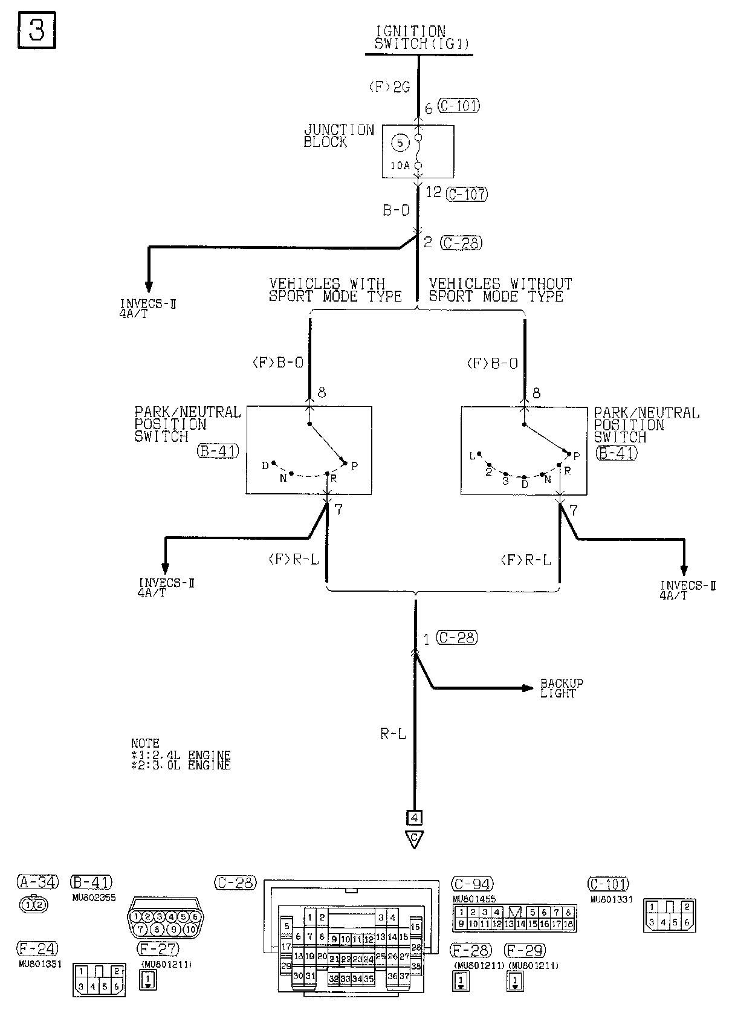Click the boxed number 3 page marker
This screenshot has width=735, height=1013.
click(36, 30)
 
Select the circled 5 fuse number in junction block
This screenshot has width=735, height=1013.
click(399, 143)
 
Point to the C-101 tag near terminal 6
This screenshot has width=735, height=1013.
click(459, 106)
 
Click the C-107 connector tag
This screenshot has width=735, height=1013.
click(466, 194)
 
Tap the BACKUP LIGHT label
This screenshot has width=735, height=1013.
click(562, 688)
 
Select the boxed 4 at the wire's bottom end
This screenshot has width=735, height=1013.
click(415, 818)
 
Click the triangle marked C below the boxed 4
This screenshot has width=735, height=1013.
click(415, 838)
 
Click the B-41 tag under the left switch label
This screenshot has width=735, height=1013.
click(218, 451)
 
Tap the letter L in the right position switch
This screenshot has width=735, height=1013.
click(473, 456)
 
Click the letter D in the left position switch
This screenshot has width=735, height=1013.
click(265, 465)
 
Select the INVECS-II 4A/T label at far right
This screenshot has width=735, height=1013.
click(687, 590)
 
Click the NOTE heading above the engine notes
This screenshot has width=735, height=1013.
click(145, 743)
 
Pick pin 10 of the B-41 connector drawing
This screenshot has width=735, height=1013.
click(191, 928)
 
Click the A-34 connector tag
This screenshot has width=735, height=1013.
click(37, 882)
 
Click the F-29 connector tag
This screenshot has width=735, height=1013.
click(526, 951)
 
